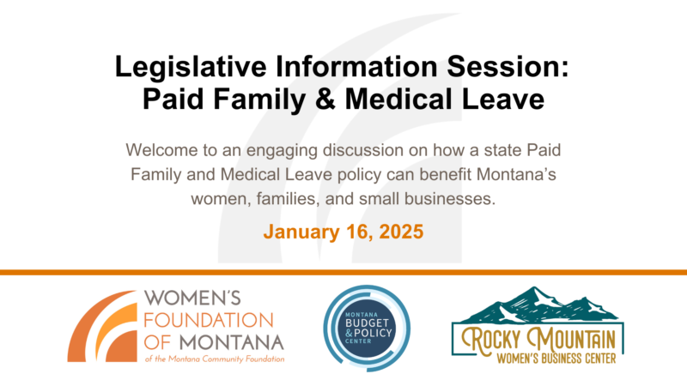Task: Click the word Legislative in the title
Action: tap(191, 68)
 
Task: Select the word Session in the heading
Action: tap(507, 67)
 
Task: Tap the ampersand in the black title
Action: tap(325, 99)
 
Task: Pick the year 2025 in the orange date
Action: tap(401, 232)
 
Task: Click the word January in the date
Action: tap(301, 232)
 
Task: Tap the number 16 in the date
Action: tap(356, 232)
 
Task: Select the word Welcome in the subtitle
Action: tap(161, 150)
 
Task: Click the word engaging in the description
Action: tap(282, 151)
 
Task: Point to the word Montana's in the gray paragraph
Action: tap(516, 175)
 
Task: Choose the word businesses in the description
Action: tap(450, 199)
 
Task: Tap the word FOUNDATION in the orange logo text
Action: tap(209, 320)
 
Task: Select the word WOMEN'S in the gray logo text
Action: tap(192, 299)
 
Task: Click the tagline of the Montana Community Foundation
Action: tap(215, 359)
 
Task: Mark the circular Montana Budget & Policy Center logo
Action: tap(367, 329)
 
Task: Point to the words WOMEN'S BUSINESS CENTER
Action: tap(556, 359)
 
